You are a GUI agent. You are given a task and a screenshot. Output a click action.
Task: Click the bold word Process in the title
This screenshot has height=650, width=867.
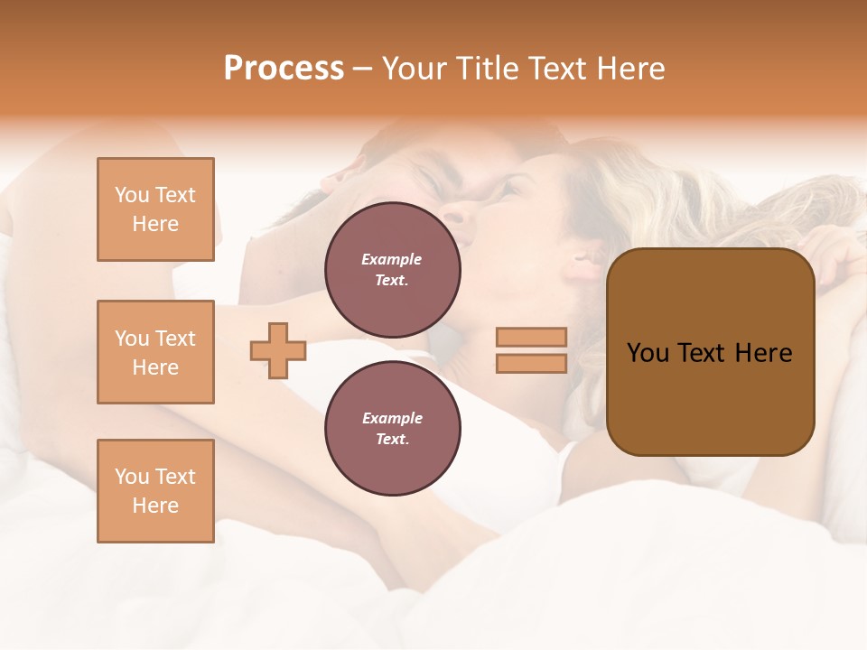(284, 69)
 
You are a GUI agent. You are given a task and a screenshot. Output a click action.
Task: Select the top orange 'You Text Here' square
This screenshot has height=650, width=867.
(155, 209)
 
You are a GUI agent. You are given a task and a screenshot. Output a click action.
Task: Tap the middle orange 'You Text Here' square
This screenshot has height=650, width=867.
(155, 352)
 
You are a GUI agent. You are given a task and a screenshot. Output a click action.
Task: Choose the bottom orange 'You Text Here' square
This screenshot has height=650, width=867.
(155, 491)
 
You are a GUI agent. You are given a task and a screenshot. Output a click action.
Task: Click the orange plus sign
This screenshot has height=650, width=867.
(278, 350)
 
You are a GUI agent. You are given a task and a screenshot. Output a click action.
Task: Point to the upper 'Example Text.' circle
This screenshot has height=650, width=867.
(392, 269)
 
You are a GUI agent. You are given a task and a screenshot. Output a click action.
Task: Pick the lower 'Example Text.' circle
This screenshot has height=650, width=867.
(392, 428)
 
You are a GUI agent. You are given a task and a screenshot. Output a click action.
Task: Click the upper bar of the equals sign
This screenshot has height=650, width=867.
(531, 338)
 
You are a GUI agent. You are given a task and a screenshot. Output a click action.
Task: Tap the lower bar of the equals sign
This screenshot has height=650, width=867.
(531, 363)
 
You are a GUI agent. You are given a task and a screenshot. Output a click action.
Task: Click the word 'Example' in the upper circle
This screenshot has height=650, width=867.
(392, 259)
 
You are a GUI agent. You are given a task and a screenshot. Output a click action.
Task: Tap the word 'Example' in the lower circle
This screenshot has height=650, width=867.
(392, 418)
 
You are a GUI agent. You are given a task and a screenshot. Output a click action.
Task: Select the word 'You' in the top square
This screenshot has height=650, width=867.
(132, 195)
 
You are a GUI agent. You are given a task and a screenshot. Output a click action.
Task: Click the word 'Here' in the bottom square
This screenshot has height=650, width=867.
(155, 506)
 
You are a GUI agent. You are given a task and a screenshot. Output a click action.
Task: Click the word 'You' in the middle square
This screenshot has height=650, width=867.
(132, 339)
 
